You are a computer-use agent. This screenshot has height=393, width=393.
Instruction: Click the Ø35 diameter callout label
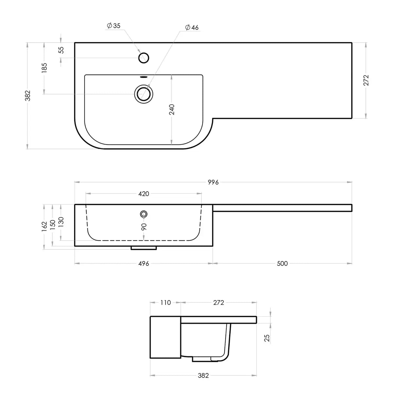pyautogui.click(x=114, y=26)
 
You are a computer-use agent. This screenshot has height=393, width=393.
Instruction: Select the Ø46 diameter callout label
pyautogui.click(x=192, y=27)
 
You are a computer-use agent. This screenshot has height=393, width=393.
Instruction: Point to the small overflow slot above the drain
pyautogui.click(x=144, y=77)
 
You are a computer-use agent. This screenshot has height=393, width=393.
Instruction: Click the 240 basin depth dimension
pyautogui.click(x=172, y=109)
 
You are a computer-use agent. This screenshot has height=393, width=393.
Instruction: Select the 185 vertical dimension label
pyautogui.click(x=44, y=68)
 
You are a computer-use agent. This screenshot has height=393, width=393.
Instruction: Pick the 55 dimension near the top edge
pyautogui.click(x=61, y=50)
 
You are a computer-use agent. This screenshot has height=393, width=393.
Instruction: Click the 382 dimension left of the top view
pyautogui.click(x=28, y=96)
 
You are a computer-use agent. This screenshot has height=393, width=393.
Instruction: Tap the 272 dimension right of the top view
pyautogui.click(x=366, y=80)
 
